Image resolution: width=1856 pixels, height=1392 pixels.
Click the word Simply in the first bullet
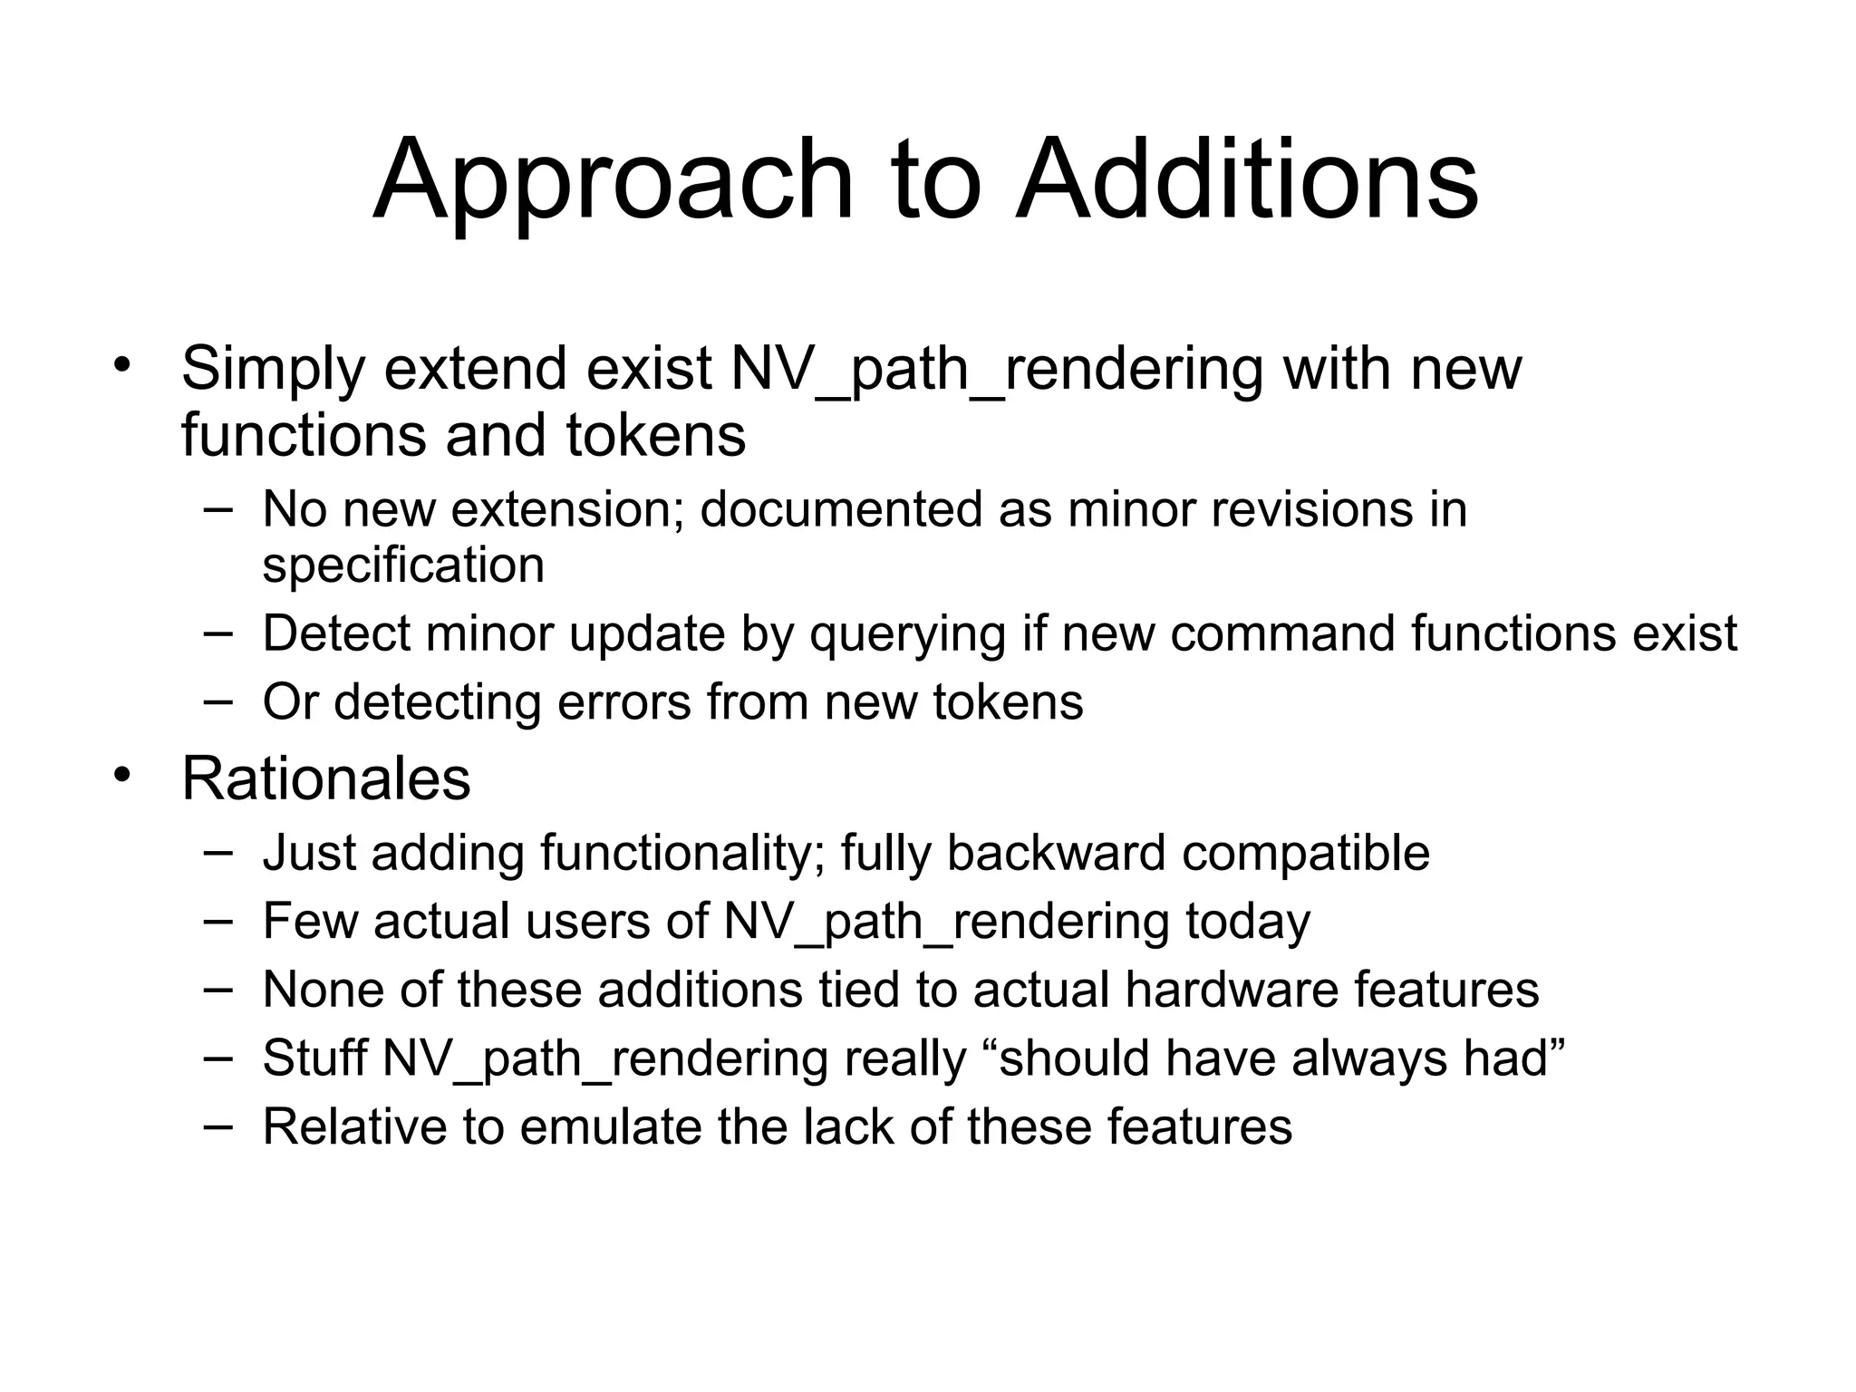272,371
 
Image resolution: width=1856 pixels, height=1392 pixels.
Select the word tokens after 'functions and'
656,436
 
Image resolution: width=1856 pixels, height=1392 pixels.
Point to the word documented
842,509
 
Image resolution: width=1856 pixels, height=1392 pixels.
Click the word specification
403,566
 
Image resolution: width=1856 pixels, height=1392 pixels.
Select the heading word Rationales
326,778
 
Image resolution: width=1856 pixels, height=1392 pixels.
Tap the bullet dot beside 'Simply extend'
123,366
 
